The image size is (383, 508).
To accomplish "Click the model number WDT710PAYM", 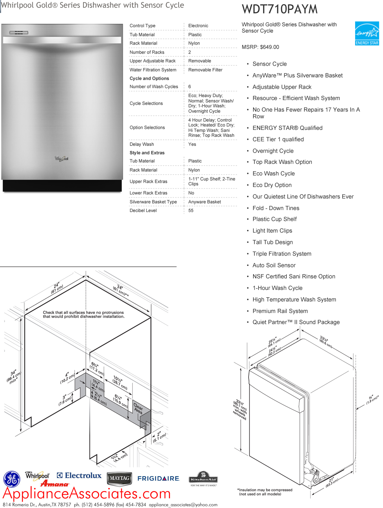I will (279, 9).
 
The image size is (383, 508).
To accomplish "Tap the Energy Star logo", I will (367, 33).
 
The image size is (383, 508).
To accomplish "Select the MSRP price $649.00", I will (260, 47).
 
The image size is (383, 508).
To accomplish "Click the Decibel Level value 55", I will (191, 211).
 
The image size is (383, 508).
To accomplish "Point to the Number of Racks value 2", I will (190, 52).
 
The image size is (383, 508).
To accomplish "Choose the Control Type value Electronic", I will (198, 26).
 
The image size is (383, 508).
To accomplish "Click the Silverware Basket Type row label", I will (153, 202).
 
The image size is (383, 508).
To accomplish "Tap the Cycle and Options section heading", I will (149, 79).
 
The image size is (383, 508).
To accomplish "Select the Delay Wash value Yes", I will (192, 144).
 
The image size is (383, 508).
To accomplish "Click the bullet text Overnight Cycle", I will (273, 151).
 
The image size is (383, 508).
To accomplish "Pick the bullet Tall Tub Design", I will (272, 242).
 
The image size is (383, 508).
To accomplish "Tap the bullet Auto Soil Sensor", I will (274, 266).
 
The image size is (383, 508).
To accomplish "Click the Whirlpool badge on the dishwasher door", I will (62, 158).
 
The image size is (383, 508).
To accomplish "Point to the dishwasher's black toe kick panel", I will (62, 186).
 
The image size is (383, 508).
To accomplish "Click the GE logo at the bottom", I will (12, 479).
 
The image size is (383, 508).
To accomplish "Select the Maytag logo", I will (119, 478).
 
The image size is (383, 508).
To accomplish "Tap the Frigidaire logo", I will (158, 478).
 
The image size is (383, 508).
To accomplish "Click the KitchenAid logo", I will (203, 478).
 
